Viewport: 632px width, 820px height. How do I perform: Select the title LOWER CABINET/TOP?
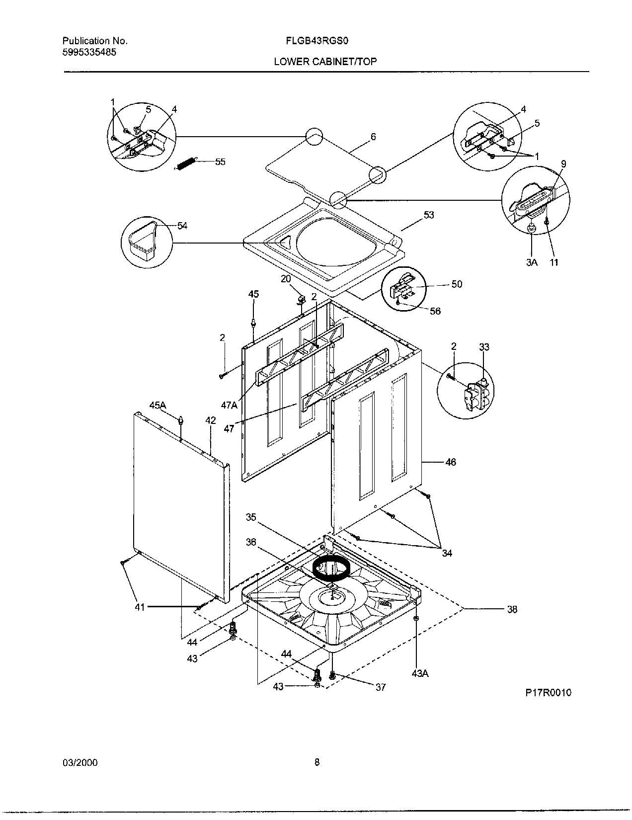[x=325, y=62]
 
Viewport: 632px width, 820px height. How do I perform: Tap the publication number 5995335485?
[x=89, y=52]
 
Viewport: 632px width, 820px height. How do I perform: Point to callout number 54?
[x=182, y=226]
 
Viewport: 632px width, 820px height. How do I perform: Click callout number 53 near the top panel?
[x=428, y=215]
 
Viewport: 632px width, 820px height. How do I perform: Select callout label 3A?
[x=532, y=262]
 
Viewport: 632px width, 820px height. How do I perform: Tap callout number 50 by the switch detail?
[x=457, y=284]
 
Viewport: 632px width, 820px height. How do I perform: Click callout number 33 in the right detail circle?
[x=484, y=346]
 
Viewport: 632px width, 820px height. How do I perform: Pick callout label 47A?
[x=229, y=405]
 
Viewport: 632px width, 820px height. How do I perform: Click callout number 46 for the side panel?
[x=450, y=462]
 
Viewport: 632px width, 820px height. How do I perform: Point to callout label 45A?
[x=157, y=406]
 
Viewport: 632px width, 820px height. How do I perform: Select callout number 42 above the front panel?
[x=211, y=420]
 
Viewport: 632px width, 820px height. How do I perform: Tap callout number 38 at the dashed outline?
[x=512, y=609]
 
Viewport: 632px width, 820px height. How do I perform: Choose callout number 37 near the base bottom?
[x=380, y=687]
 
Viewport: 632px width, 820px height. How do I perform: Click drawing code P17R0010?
[x=547, y=692]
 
